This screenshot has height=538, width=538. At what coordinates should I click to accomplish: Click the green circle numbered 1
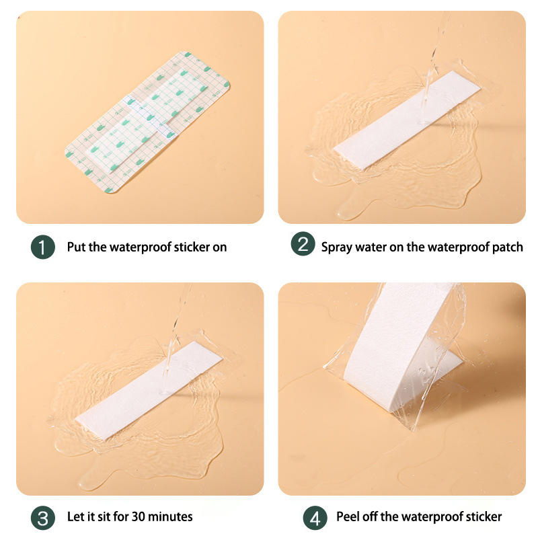[43, 247]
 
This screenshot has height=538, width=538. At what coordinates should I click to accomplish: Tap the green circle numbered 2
[303, 243]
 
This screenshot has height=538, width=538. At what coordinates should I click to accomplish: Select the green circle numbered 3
[43, 518]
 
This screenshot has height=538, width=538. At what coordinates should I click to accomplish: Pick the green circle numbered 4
[315, 518]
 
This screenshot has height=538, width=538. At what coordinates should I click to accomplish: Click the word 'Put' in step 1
[76, 247]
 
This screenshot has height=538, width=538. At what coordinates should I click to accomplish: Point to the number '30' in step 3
[139, 516]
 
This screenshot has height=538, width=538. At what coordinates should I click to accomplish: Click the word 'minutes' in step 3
[170, 516]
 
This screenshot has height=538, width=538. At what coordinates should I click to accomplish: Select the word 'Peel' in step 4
[348, 516]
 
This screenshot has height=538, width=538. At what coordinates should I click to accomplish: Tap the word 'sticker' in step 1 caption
[192, 247]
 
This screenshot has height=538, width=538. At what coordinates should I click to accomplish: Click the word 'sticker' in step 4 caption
[484, 516]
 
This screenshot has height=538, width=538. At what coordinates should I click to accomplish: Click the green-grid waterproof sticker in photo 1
[147, 122]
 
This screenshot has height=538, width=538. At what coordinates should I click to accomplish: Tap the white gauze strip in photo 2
[407, 120]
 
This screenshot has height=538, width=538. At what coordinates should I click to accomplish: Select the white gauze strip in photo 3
[149, 390]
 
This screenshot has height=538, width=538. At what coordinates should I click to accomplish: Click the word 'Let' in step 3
[74, 516]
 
